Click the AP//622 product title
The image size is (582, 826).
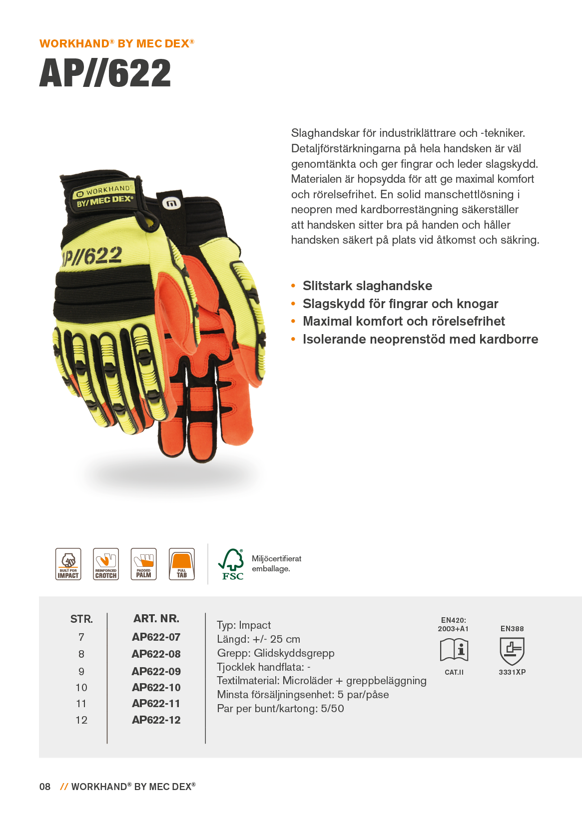pos(105,73)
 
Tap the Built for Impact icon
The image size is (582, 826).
pos(68,564)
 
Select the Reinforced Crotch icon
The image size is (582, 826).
pos(106,564)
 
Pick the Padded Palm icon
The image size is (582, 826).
pos(143,564)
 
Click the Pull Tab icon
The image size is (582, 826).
pos(181,564)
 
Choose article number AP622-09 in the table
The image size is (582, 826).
pos(156,671)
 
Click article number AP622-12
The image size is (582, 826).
pos(156,720)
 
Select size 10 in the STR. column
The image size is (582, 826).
pos(81,688)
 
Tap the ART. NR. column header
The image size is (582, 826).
pos(156,618)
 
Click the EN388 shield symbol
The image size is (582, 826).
pos(512,651)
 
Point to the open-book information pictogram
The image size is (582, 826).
pos(454,650)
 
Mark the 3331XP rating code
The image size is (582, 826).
pos(512,672)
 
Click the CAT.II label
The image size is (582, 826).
pos(454,672)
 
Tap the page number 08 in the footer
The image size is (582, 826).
pos(45,787)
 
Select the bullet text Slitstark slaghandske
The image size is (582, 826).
pos(367,286)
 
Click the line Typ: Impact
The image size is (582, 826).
pos(244,625)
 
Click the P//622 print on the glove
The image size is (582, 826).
pos(92,256)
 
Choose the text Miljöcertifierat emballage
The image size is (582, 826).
pos(276,563)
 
